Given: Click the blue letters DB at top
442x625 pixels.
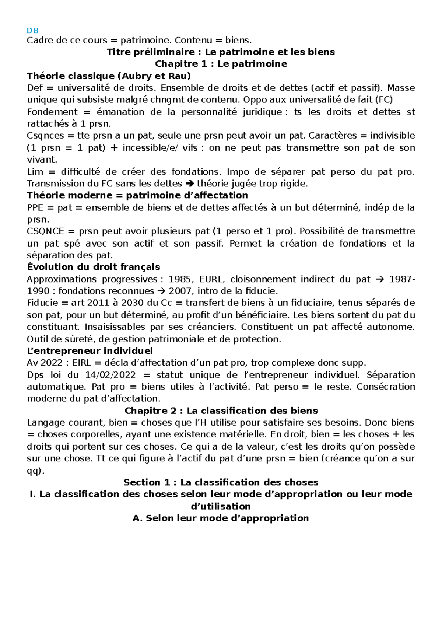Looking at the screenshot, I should point(32,31).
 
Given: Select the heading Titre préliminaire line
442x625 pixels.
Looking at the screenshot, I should point(221,52).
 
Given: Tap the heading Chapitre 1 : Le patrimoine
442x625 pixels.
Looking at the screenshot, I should point(221,64).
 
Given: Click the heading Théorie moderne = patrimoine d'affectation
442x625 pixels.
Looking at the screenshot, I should point(137,195).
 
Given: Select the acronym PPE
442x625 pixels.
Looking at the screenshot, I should point(35,207).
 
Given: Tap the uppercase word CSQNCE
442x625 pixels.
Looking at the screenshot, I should point(45,231).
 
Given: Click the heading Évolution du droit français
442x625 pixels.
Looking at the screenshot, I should point(93,267).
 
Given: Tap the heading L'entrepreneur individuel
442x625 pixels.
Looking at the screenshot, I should point(90,351).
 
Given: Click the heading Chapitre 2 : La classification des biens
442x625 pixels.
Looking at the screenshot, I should point(221,411).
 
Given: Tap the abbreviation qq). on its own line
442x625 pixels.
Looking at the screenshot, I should point(35,471).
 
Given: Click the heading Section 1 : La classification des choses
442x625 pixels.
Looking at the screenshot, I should point(221,482).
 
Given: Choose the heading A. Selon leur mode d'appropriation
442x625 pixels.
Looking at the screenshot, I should point(220,518).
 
